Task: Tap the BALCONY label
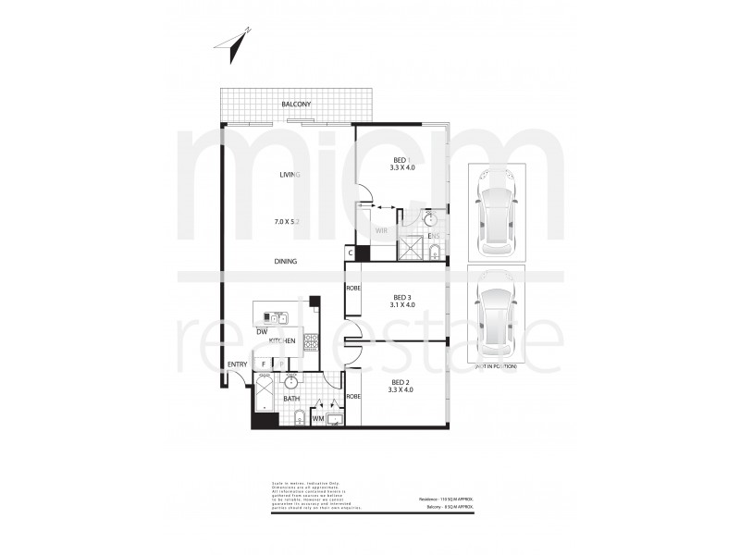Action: pos(296,105)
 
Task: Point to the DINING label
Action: pos(285,262)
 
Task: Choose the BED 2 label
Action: pos(400,382)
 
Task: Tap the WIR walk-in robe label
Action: pos(380,231)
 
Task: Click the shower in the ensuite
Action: pos(410,247)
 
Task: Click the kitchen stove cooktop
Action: pos(311,342)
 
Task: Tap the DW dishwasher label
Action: pos(262,330)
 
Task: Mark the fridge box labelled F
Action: pos(264,364)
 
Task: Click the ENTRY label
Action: pos(237,364)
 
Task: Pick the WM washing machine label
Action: pos(317,419)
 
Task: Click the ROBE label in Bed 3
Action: pos(352,289)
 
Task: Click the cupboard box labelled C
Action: pos(351,252)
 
